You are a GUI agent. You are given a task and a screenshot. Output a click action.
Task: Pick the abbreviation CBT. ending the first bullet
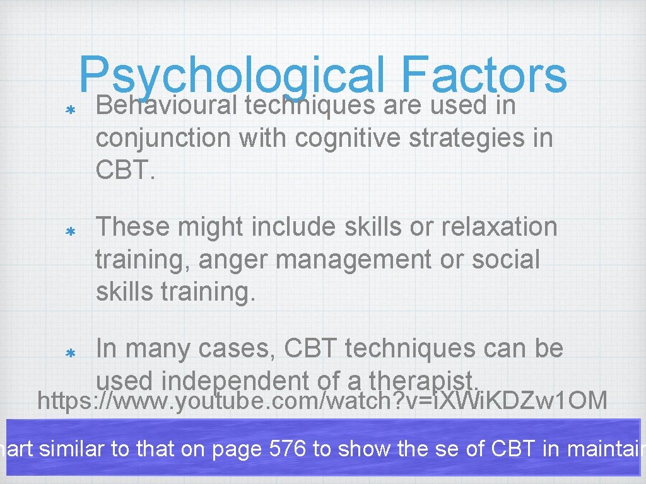click(x=125, y=169)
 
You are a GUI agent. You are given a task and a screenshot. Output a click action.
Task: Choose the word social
click(x=508, y=259)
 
